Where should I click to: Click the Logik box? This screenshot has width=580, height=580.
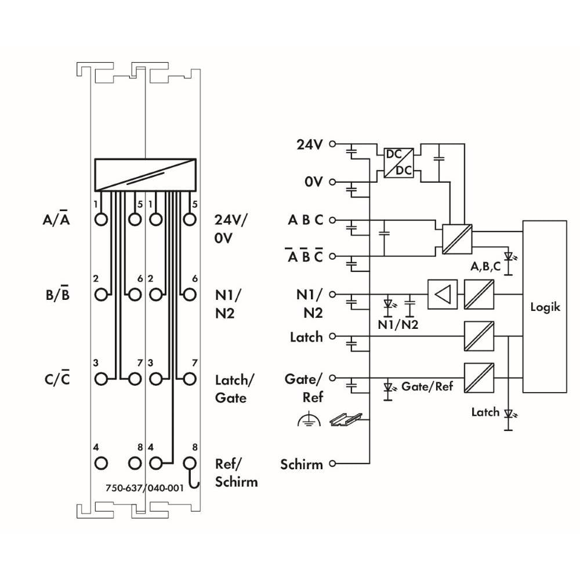pyautogui.click(x=545, y=306)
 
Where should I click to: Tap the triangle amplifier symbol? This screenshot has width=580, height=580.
pyautogui.click(x=442, y=294)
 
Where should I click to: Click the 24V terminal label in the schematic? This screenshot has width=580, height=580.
pyautogui.click(x=309, y=144)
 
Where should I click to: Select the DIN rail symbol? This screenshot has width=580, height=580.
pyautogui.click(x=346, y=418)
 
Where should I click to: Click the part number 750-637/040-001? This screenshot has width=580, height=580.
pyautogui.click(x=145, y=488)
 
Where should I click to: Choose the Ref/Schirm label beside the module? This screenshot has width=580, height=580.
pyautogui.click(x=235, y=473)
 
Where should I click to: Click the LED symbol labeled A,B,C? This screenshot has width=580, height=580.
pyautogui.click(x=509, y=256)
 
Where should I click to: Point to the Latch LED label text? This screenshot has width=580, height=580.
pyautogui.click(x=485, y=412)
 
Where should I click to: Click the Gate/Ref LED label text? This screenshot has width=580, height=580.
pyautogui.click(x=427, y=386)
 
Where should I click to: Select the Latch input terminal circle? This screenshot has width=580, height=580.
pyautogui.click(x=333, y=336)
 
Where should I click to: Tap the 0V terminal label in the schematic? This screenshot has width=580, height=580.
pyautogui.click(x=313, y=182)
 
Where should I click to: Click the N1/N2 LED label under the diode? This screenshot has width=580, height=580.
pyautogui.click(x=398, y=325)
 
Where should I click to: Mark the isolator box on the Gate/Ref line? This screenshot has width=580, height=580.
pyautogui.click(x=479, y=378)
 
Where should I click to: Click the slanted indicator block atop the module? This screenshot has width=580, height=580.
pyautogui.click(x=145, y=173)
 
